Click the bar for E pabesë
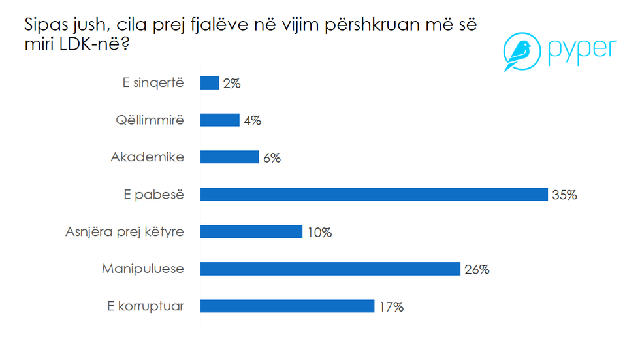point(374,195)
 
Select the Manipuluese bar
point(330,269)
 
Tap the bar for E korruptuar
point(287,306)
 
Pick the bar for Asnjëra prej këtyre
point(251,232)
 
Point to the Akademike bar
point(229,157)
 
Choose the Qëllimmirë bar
point(219,120)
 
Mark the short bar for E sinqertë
point(209,83)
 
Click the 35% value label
point(564,195)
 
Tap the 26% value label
point(477,269)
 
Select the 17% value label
point(391,306)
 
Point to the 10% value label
point(319,232)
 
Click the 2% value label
point(232,84)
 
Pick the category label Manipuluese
point(144,269)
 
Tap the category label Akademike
point(148,157)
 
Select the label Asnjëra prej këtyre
point(125,232)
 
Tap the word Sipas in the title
point(45,27)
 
